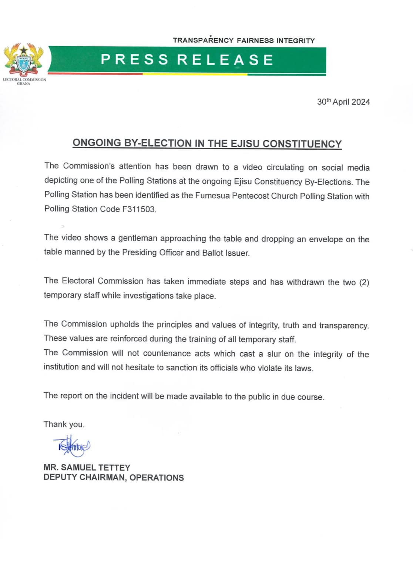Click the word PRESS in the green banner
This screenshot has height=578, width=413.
pyautogui.click(x=135, y=60)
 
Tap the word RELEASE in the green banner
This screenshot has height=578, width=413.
pyautogui.click(x=225, y=60)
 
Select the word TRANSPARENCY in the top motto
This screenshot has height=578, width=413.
pyautogui.click(x=203, y=40)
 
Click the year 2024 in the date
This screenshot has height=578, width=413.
pyautogui.click(x=360, y=102)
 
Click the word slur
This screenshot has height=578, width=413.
pyautogui.click(x=274, y=354)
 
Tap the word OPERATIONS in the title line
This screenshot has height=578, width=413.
pyautogui.click(x=157, y=478)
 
